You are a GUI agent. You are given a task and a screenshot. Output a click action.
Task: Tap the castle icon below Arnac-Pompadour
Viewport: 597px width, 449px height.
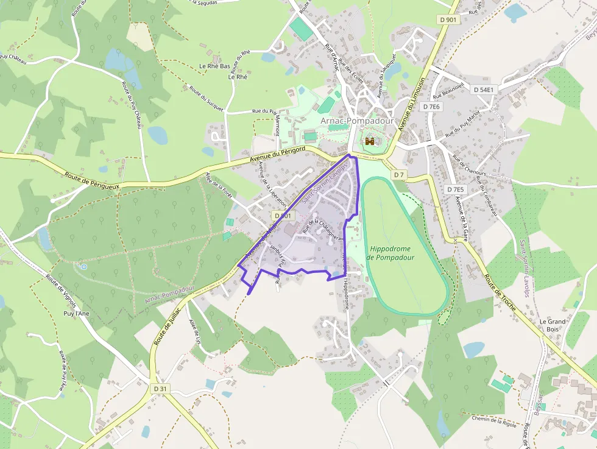pyautogui.click(x=369, y=142)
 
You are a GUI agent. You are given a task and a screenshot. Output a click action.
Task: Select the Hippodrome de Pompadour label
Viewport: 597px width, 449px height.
pyautogui.click(x=390, y=253)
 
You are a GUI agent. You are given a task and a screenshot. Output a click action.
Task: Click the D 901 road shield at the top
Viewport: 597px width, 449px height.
pyautogui.click(x=448, y=20)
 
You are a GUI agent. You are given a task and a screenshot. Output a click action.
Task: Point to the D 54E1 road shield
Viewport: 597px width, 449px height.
pyautogui.click(x=485, y=90)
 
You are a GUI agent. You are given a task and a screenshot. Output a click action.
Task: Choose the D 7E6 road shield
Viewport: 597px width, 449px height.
pyautogui.click(x=431, y=107)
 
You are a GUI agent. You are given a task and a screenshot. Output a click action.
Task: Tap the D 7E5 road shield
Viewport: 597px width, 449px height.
pyautogui.click(x=455, y=189)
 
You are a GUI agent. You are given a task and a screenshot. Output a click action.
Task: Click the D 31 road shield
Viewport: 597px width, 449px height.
pyautogui.click(x=160, y=389)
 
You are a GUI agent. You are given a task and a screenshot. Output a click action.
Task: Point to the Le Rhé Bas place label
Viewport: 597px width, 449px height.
pyautogui.click(x=214, y=66)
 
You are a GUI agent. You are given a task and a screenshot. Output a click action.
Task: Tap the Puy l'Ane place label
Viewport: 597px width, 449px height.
pyautogui.click(x=77, y=314)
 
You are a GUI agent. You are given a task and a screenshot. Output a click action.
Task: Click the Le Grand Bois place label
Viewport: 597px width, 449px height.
pyautogui.click(x=553, y=325)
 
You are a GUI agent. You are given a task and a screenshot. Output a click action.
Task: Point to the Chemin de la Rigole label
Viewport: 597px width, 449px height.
pyautogui.click(x=494, y=420)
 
